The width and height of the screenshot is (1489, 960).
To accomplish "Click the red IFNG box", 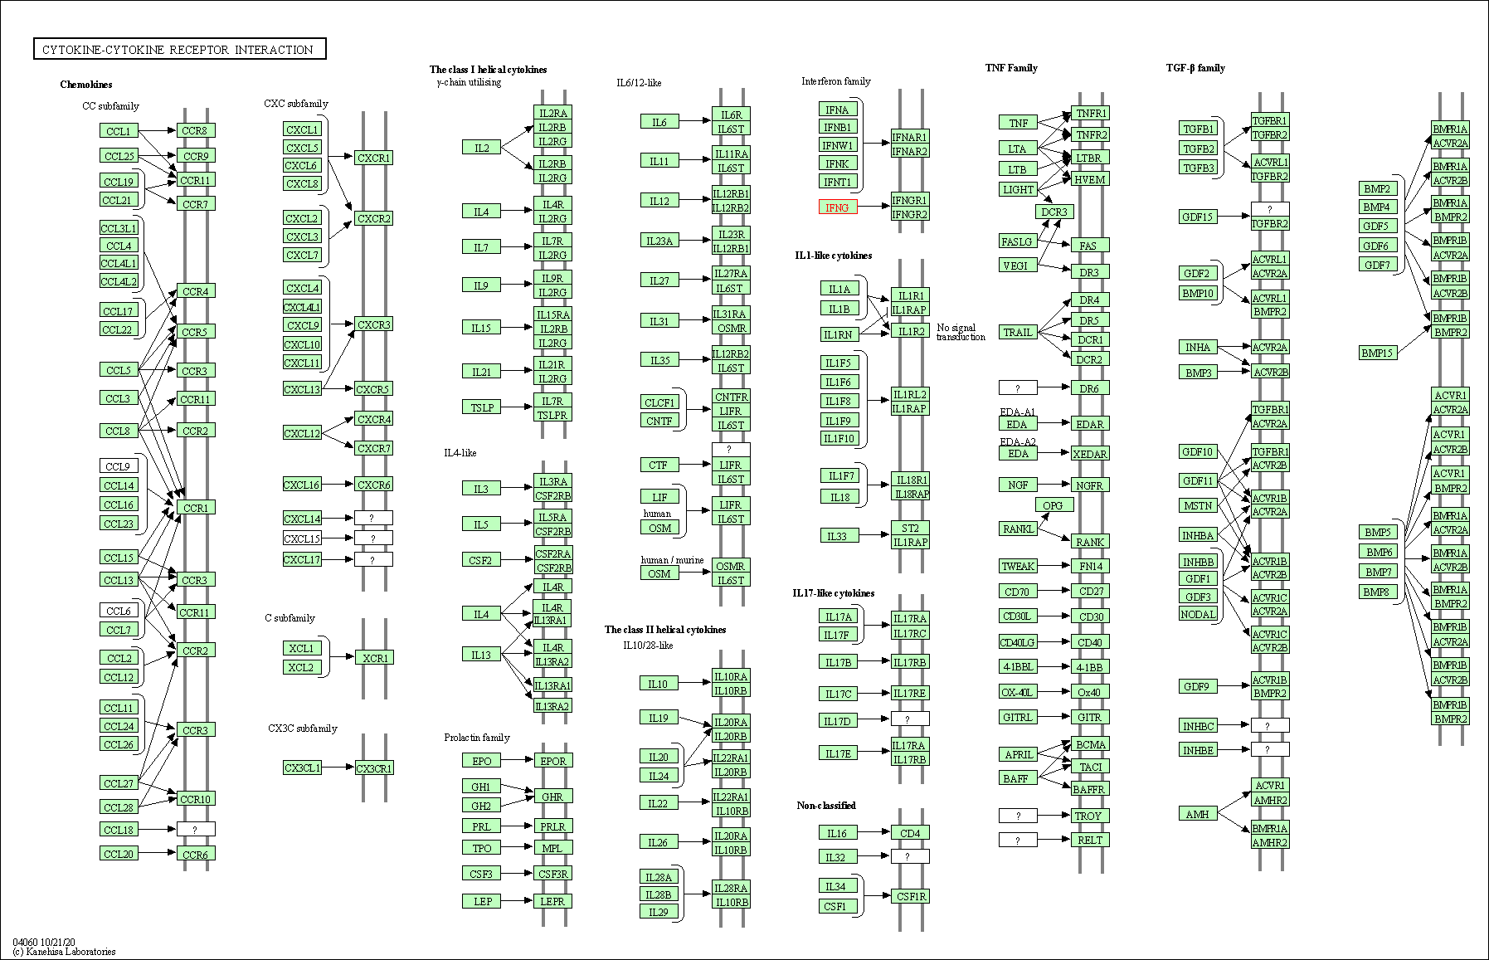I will click(x=838, y=207).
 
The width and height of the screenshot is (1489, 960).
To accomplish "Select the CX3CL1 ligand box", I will click(x=302, y=768).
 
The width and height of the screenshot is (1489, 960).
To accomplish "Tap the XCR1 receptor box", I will click(x=374, y=658).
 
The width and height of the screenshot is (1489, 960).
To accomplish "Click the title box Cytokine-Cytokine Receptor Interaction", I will click(x=179, y=50).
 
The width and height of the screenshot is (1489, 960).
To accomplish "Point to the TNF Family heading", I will click(x=1011, y=68).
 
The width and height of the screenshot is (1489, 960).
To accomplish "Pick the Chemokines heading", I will click(x=86, y=85).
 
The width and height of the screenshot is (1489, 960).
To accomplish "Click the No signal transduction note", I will click(x=961, y=332).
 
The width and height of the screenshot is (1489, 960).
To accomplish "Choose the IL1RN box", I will click(x=838, y=334).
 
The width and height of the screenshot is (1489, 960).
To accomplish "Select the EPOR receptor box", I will click(x=552, y=761).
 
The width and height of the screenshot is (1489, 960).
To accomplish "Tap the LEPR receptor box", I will click(x=552, y=901).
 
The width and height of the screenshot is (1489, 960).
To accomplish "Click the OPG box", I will click(x=1053, y=505).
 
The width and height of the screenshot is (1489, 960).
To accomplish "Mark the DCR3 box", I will click(x=1054, y=212).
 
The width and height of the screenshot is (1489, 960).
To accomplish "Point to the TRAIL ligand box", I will click(x=1018, y=332).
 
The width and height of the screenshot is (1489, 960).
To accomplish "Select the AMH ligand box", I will click(x=1197, y=814).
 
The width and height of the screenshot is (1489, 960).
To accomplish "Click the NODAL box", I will click(x=1198, y=614).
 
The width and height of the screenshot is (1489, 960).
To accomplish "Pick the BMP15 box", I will click(x=1378, y=353).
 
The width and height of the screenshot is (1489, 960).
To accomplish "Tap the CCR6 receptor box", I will click(x=196, y=855).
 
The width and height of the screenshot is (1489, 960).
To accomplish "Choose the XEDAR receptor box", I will click(x=1089, y=454).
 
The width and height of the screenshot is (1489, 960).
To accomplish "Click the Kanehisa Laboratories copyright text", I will click(x=65, y=952).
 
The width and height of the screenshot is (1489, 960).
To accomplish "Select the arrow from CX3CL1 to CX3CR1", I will click(x=338, y=768).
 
